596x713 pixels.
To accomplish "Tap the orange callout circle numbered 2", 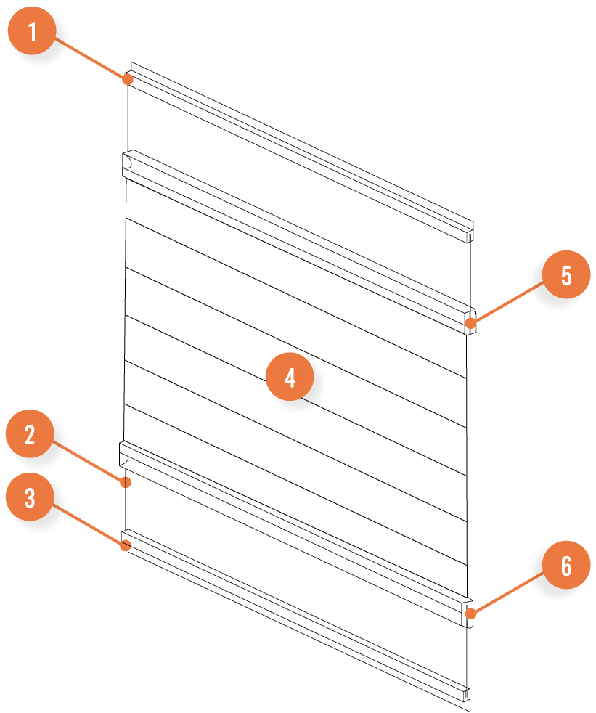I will point(30,436).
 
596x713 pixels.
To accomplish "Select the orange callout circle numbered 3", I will point(30,500).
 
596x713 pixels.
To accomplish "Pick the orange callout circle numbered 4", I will point(290,378).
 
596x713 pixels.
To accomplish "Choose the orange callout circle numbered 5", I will point(566,276).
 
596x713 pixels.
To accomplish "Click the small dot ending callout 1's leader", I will point(128,78).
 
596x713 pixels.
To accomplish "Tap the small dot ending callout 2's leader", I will point(126,482).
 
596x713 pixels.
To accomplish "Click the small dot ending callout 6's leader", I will point(470,614).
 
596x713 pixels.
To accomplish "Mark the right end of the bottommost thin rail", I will point(467,695).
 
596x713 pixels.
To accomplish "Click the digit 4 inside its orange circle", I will point(290,378).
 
